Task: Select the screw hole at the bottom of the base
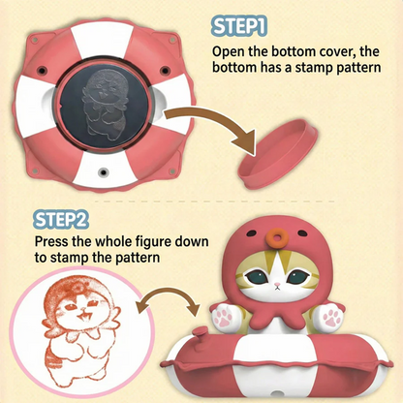(x=103, y=171)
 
